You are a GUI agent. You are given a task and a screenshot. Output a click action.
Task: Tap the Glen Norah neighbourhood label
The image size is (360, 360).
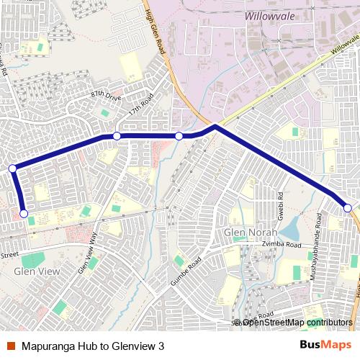point(250,233)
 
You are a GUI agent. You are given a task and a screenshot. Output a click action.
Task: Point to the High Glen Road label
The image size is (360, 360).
point(160,28)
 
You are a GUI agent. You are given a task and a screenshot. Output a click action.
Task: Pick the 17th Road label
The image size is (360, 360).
point(142,105)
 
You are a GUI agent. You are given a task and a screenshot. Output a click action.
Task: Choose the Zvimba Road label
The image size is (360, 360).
point(283,245)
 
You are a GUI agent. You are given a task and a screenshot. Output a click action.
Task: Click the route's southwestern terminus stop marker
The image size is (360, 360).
point(24,214)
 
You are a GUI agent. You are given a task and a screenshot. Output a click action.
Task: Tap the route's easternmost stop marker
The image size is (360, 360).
point(348,208)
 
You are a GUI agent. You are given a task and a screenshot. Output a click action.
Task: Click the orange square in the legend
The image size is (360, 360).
point(12,345)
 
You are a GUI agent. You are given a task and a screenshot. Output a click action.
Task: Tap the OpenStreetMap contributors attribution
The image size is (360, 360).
point(295,322)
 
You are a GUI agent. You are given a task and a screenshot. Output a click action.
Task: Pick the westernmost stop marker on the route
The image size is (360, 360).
point(12,168)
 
